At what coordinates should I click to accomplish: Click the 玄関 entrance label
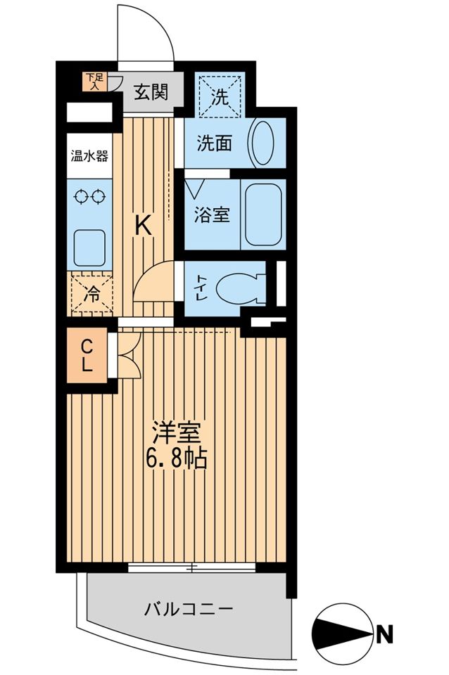[x=151, y=92]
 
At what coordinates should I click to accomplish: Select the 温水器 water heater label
[x=89, y=155]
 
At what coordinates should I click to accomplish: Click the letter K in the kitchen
[x=143, y=225]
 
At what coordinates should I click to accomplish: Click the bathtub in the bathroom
[x=264, y=214]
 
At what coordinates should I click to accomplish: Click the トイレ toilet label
[x=201, y=287]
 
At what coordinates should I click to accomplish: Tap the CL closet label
[x=88, y=356]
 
